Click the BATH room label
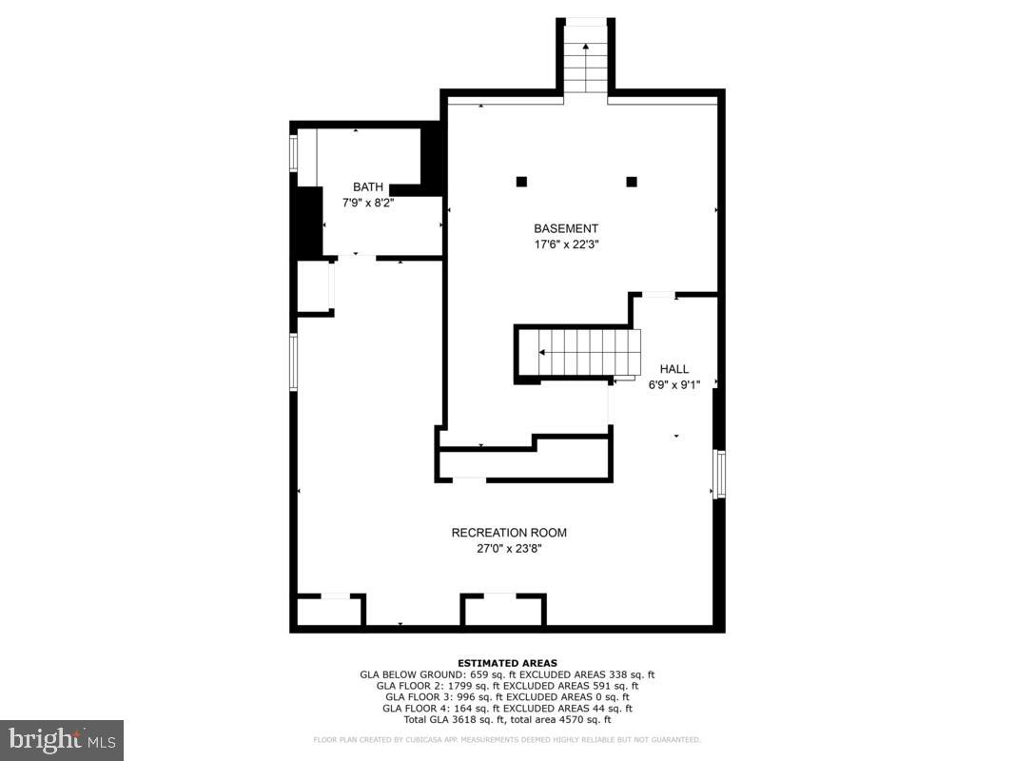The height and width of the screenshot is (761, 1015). tap(368, 187)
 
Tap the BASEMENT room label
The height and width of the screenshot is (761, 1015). tap(566, 228)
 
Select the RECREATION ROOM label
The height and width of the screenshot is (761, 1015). tap(509, 533)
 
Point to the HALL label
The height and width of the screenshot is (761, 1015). tap(674, 369)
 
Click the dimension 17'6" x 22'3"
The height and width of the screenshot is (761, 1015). tap(566, 244)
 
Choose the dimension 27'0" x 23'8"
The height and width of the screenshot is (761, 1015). tap(509, 548)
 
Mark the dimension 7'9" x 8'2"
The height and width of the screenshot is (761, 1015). tap(368, 203)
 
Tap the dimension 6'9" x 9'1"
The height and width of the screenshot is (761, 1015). tap(674, 384)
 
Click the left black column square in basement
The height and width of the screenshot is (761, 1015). tap(521, 182)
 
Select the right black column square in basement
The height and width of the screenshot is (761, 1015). tap(632, 182)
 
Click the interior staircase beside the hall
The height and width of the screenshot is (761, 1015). tap(585, 352)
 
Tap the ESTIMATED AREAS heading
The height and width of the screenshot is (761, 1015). tap(507, 663)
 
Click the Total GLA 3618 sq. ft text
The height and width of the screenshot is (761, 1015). tap(507, 720)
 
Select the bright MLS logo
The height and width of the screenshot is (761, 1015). tap(62, 739)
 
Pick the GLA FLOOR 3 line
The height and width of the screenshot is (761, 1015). tap(507, 697)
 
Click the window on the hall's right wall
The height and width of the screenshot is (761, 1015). tap(720, 475)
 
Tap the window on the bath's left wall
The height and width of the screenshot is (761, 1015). tap(294, 152)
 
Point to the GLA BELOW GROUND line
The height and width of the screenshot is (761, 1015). tap(507, 674)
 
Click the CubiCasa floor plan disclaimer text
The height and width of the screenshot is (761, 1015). tap(507, 739)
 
